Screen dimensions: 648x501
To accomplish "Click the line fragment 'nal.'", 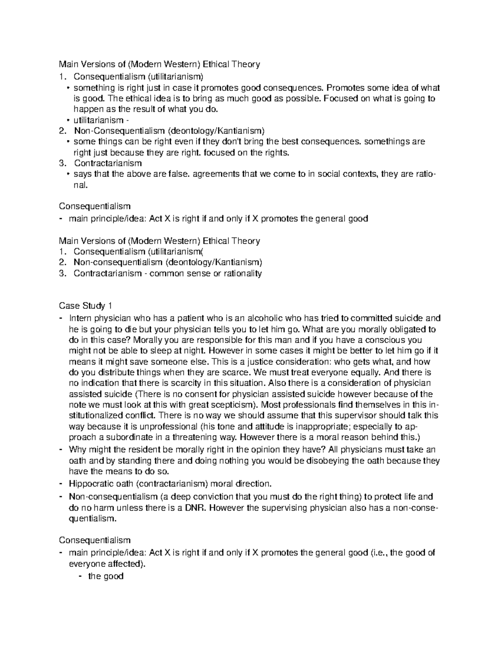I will (x=81, y=185).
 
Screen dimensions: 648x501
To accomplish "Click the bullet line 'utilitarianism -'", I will (x=98, y=120).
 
